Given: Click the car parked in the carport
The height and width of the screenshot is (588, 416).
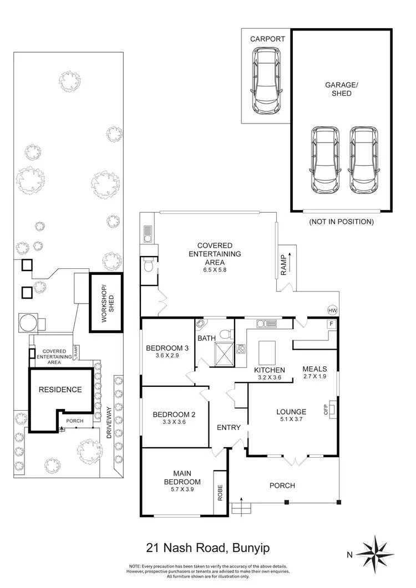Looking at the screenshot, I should point(266,81).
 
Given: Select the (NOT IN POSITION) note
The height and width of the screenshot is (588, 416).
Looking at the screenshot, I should point(341,222).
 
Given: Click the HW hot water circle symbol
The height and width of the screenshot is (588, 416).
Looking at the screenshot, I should point(333,310).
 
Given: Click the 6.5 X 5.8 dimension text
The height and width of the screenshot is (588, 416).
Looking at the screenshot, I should point(214,270).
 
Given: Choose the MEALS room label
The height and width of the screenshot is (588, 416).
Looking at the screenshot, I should point(314,369).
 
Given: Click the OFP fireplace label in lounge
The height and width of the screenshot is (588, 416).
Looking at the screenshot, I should point(326,410).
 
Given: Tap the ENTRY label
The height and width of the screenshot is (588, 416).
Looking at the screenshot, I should point(229,427).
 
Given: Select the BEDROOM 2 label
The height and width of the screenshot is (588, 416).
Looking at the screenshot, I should point(174,414).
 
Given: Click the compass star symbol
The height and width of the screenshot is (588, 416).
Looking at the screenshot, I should point(376,553).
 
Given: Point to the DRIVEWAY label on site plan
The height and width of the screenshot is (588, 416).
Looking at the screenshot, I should point(109,423).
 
